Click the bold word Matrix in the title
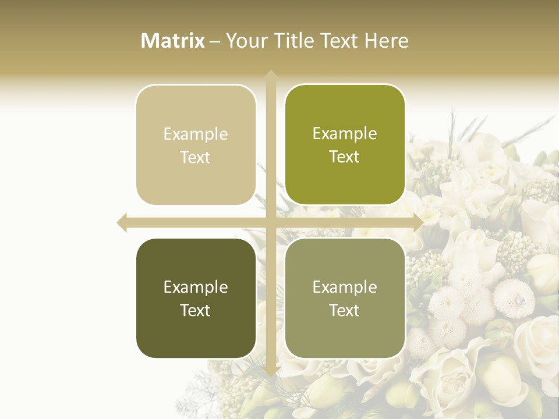(x=173, y=41)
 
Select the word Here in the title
(x=387, y=41)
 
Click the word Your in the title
(x=246, y=41)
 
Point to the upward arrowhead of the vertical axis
(x=270, y=74)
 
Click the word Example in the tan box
(x=196, y=134)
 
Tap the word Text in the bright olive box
(x=345, y=157)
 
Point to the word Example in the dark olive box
(x=196, y=287)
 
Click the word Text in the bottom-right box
(x=345, y=310)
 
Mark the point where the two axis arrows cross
(x=270, y=222)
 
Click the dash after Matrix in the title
(x=215, y=41)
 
